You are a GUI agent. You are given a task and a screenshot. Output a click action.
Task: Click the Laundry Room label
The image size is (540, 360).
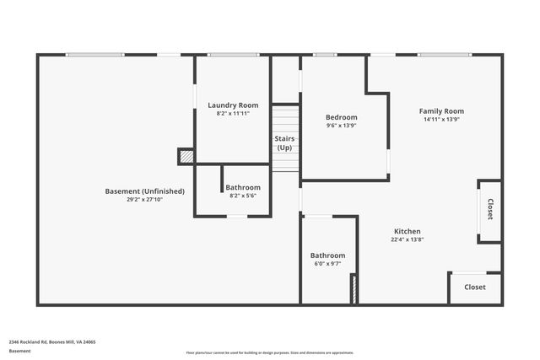233,105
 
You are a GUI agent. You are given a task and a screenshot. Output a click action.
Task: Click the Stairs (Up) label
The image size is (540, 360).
285,142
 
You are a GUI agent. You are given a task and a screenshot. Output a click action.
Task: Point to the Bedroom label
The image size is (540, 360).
342,117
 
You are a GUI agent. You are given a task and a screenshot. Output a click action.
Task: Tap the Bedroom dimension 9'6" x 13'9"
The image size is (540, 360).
342,125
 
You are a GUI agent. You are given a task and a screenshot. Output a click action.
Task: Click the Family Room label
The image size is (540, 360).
441,111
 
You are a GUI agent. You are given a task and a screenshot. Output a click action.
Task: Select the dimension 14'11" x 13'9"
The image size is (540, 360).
441,119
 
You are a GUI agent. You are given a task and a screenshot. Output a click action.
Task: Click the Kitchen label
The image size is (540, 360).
407,231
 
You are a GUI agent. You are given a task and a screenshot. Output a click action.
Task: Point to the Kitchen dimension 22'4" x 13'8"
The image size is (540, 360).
407,239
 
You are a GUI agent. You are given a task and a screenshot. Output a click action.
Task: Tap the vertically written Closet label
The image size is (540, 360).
490,209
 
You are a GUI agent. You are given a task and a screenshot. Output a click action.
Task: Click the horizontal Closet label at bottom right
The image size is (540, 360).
474,287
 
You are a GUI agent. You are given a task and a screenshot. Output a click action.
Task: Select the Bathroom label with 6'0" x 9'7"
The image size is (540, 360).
327,255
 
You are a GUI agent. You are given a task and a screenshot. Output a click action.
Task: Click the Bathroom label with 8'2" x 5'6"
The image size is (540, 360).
243,187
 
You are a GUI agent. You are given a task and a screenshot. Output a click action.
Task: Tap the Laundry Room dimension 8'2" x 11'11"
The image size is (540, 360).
233,113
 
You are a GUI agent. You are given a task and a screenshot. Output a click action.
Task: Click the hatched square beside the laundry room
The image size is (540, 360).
186,156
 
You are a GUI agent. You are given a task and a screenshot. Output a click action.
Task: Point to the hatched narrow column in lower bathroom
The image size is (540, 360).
354,288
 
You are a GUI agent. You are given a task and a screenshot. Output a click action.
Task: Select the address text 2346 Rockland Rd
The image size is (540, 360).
52,342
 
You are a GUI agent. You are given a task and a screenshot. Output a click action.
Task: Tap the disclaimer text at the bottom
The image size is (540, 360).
270,352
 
